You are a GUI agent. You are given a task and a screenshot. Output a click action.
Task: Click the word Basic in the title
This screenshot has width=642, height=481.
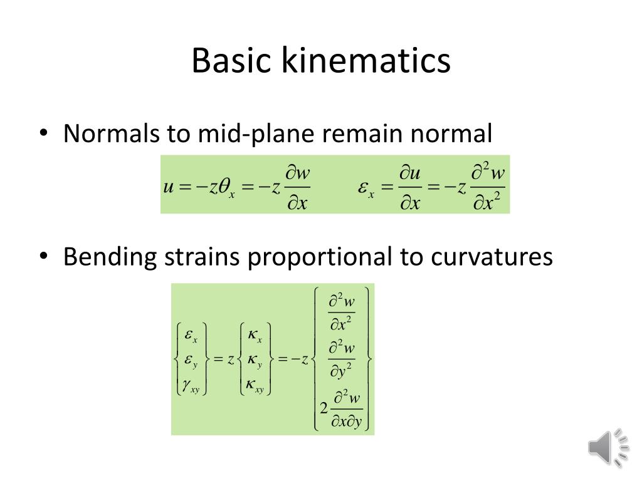[x=233, y=61]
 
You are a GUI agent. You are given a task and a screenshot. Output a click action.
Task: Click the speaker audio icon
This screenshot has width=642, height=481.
[x=608, y=447]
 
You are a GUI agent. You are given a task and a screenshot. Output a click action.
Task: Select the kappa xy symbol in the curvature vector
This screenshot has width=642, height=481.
[x=253, y=387]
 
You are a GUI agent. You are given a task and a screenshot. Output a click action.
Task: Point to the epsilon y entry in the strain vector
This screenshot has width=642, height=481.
[x=190, y=360]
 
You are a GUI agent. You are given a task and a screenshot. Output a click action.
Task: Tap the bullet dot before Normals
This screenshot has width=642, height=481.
[x=43, y=134]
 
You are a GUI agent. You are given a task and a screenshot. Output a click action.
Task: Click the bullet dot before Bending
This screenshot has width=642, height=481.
[x=43, y=257]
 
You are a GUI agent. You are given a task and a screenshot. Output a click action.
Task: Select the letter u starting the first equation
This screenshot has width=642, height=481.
[x=168, y=187]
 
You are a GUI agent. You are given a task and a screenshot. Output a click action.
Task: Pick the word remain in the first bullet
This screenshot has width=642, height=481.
[x=369, y=133]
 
